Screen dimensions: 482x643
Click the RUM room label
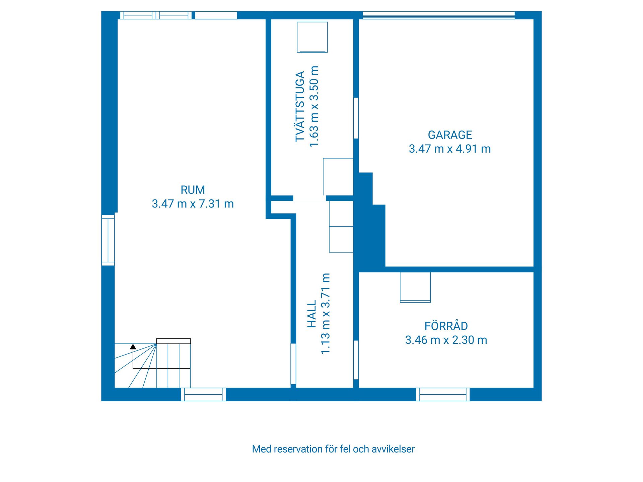[x=193, y=190]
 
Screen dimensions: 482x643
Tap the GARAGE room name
[x=450, y=135]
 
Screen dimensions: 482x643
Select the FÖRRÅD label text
[x=446, y=326]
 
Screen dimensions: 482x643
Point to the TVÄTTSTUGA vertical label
[x=300, y=106]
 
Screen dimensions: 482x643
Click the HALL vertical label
[x=312, y=314]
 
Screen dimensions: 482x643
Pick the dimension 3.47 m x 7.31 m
[x=193, y=204]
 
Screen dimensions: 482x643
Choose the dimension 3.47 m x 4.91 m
[x=450, y=149]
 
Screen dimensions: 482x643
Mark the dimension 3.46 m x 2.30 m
[x=446, y=340]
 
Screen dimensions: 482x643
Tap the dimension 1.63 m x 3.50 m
[x=314, y=106]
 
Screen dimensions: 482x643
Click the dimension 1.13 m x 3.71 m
[x=326, y=314]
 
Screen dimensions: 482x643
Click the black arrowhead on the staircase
[x=133, y=347]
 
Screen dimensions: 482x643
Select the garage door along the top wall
[x=439, y=15]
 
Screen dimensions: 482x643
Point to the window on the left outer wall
[x=108, y=240]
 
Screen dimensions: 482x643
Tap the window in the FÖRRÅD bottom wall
[x=443, y=394]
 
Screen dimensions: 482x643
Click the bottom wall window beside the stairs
[x=203, y=394]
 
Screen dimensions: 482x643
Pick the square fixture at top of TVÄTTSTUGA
[x=312, y=37]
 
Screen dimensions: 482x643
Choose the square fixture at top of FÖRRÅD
[x=415, y=287]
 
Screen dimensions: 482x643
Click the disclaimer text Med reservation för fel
[x=333, y=449]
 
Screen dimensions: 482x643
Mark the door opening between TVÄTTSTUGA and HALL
[x=309, y=198]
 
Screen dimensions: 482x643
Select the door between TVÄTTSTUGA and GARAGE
[x=356, y=118]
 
